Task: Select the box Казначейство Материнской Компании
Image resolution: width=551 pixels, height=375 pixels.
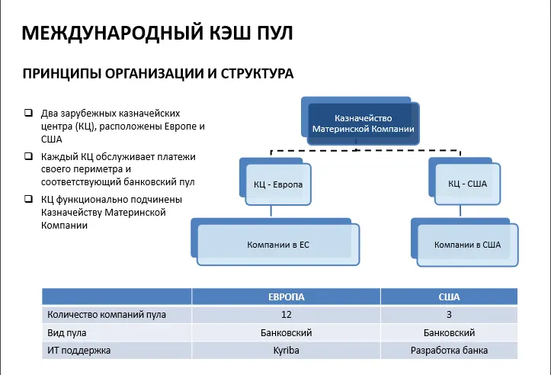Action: [364, 123]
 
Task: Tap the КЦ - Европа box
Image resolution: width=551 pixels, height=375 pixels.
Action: [278, 184]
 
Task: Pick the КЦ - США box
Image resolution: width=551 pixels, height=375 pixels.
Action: [467, 184]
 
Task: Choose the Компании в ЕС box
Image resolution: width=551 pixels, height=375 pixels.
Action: [277, 245]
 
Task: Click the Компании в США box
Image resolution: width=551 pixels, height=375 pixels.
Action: [467, 245]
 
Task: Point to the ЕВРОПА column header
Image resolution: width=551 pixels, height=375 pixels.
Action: [286, 296]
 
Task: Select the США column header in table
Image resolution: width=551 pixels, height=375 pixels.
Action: [449, 296]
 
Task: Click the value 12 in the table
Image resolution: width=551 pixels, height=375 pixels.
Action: [286, 314]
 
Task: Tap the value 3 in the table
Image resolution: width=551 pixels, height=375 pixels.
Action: [449, 314]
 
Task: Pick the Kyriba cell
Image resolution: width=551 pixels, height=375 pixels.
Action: [286, 351]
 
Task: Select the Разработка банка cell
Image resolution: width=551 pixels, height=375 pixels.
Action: [449, 351]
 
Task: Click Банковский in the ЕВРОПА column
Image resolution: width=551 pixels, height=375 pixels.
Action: [286, 332]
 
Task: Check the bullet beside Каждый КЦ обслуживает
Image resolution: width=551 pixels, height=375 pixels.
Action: [28, 156]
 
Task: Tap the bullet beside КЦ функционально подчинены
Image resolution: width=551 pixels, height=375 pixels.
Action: [28, 199]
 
